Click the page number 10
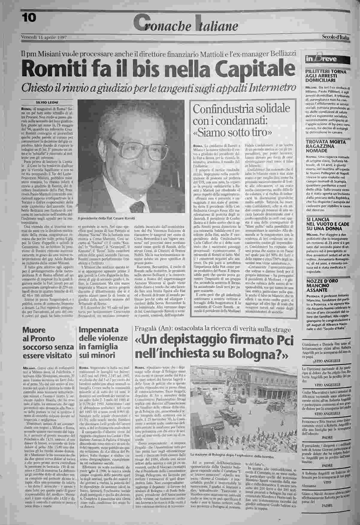click(29, 18)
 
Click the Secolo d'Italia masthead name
click(335, 37)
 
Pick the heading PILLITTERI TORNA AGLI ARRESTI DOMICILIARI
click(326, 76)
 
